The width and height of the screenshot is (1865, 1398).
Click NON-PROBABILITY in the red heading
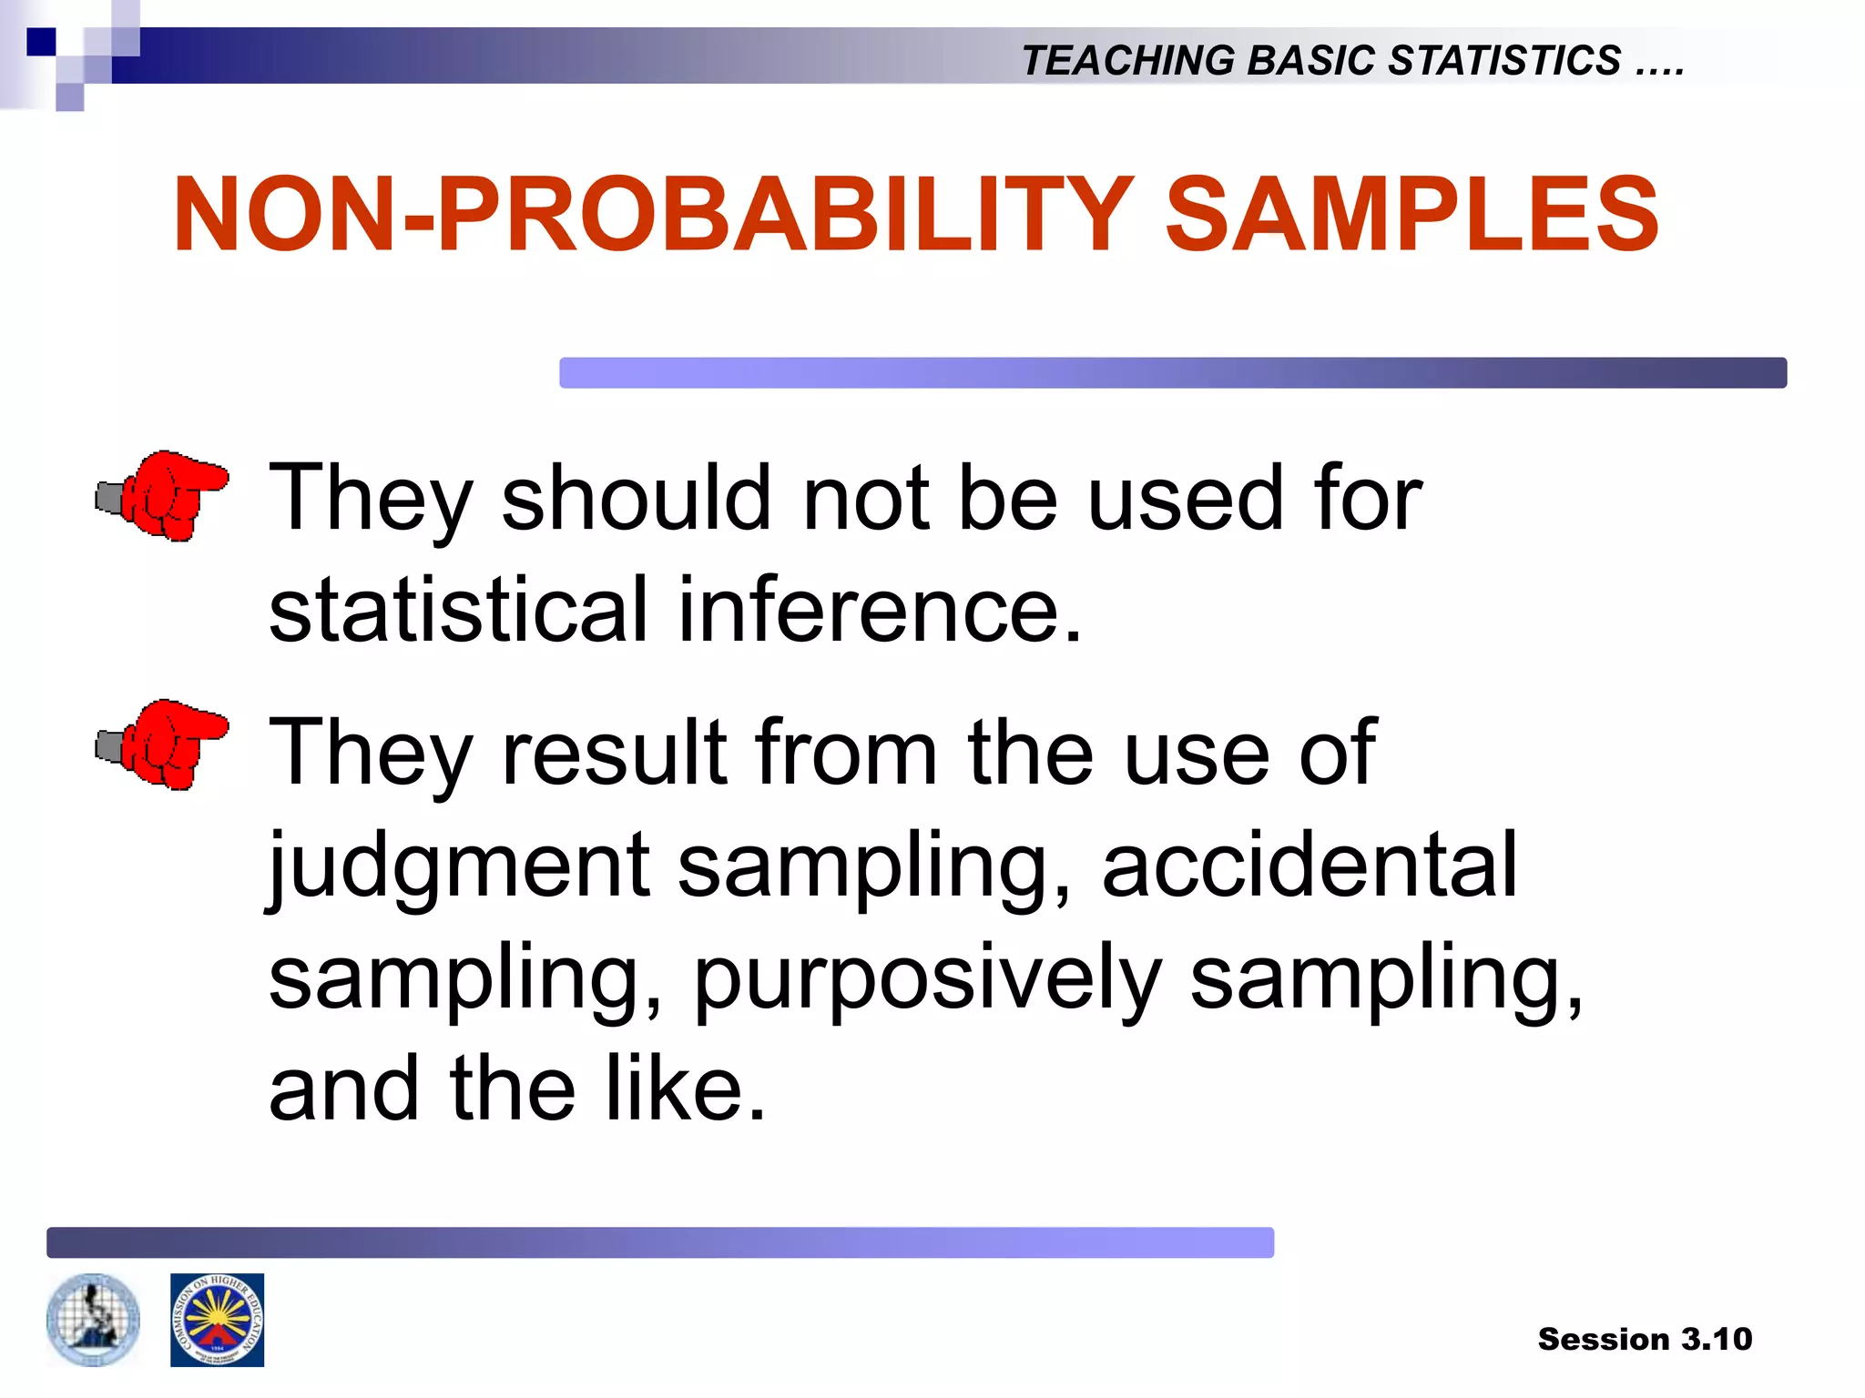pyautogui.click(x=652, y=215)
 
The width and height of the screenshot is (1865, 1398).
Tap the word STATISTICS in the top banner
pyautogui.click(x=1504, y=61)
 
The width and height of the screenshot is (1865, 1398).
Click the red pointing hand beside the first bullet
pyautogui.click(x=164, y=495)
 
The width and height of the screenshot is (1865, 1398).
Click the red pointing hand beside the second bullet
pyautogui.click(x=164, y=745)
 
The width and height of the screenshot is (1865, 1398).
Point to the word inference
pyautogui.click(x=880, y=609)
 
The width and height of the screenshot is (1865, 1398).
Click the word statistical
pyautogui.click(x=458, y=609)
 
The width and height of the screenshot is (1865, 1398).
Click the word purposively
pyautogui.click(x=927, y=978)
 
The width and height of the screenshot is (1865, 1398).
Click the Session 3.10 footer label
pyautogui.click(x=1645, y=1339)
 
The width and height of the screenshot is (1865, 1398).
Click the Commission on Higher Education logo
pyautogui.click(x=217, y=1320)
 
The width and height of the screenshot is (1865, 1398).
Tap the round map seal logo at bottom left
pyautogui.click(x=93, y=1320)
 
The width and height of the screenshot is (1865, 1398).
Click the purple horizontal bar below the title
pyautogui.click(x=1172, y=372)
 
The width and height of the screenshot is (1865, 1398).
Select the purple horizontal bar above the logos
pyautogui.click(x=659, y=1242)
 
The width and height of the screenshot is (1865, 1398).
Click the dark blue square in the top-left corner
pyautogui.click(x=41, y=42)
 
